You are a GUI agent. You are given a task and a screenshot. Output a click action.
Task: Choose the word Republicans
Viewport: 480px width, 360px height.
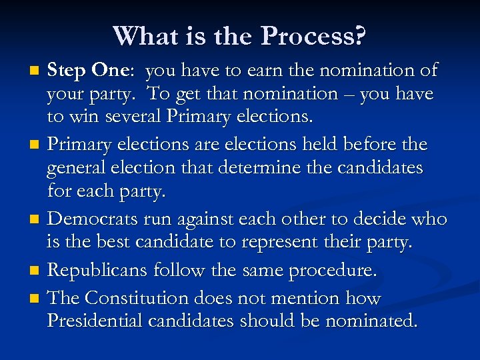[98, 270]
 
